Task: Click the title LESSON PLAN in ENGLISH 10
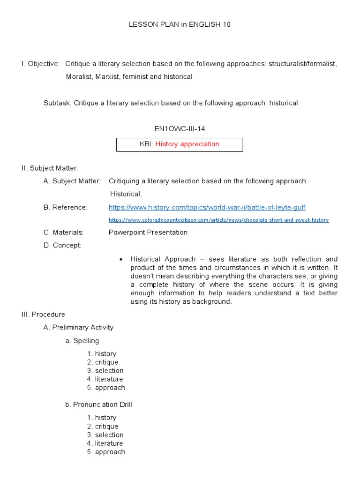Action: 180,25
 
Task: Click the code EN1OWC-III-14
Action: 180,128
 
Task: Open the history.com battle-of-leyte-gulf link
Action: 207,207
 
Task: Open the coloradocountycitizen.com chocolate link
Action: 218,220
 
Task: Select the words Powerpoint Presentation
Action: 148,232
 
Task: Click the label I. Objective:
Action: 40,64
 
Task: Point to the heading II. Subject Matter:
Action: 50,168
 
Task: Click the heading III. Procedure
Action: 43,315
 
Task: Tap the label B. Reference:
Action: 65,207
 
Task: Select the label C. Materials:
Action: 64,232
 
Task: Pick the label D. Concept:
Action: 62,245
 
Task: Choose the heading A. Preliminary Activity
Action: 78,328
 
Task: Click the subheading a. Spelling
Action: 82,341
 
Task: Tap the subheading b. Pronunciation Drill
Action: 98,405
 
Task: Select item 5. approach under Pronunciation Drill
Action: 106,452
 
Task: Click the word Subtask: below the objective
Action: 57,103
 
